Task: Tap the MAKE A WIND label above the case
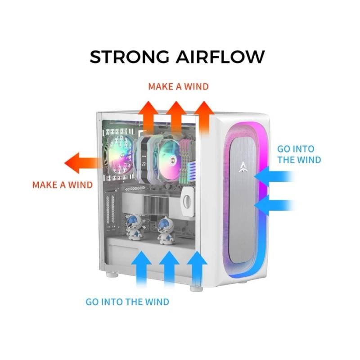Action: click(178, 86)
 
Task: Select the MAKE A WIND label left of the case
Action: click(62, 184)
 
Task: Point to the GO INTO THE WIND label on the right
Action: click(299, 154)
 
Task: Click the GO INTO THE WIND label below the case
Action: click(127, 301)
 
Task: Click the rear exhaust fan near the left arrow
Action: click(118, 153)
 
